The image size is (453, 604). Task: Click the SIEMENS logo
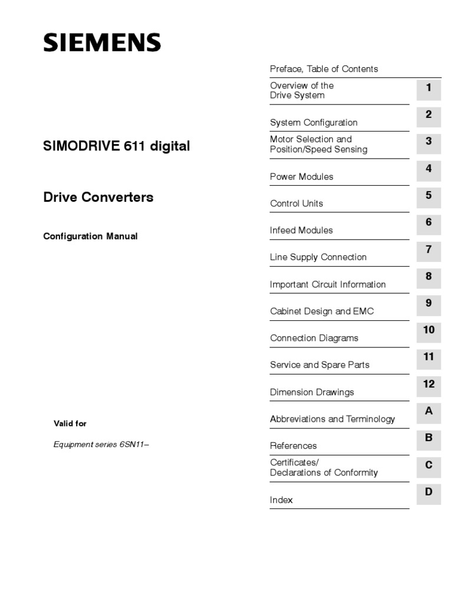[x=101, y=42]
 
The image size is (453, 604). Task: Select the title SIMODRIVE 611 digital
[x=117, y=146]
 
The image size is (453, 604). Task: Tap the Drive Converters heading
[x=99, y=197]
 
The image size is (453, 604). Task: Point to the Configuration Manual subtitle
[x=90, y=236]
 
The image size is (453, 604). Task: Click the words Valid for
[x=70, y=424]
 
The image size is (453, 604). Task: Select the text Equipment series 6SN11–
[x=101, y=445]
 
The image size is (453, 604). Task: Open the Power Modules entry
[x=301, y=176]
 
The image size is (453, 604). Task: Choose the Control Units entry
[x=297, y=203]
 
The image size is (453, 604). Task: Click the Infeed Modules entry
[x=301, y=230]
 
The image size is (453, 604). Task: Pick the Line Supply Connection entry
[x=318, y=257]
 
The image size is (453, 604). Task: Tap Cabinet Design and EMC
[x=322, y=311]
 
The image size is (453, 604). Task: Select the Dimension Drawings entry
[x=312, y=392]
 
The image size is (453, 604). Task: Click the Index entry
[x=281, y=500]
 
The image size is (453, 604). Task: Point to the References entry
[x=293, y=446]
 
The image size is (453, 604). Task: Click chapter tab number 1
[x=429, y=88]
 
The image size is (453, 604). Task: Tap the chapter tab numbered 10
[x=429, y=330]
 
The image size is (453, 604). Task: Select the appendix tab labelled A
[x=429, y=411]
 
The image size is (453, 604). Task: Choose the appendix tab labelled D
[x=429, y=492]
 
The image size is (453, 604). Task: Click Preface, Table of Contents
[x=324, y=69]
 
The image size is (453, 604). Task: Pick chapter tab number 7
[x=429, y=250]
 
